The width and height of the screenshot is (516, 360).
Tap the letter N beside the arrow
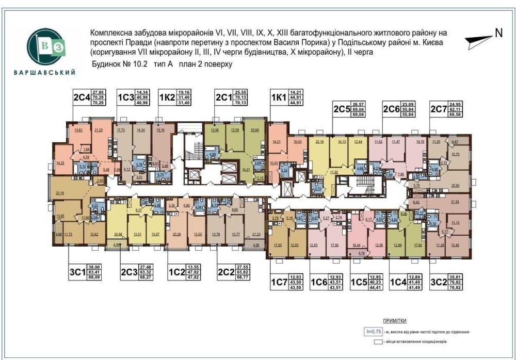click(x=498, y=32)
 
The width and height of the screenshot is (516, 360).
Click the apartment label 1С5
click(x=359, y=282)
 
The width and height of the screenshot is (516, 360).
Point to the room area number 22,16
click(x=318, y=141)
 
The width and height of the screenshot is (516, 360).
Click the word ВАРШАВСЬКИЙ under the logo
click(x=45, y=73)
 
